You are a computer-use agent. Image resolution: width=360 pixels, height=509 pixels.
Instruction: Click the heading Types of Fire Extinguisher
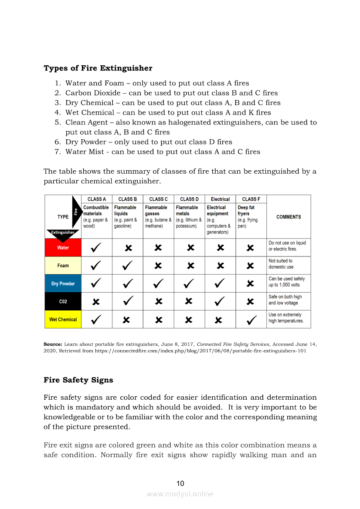[x=98, y=68]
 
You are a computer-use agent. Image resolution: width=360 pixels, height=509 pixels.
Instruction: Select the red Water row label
[x=63, y=248]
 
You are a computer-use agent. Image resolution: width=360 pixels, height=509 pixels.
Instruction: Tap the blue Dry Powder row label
[x=63, y=283]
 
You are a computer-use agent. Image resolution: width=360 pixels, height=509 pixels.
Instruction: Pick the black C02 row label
[x=63, y=301]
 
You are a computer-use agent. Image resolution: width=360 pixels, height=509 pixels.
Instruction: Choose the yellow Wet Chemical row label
[x=63, y=319]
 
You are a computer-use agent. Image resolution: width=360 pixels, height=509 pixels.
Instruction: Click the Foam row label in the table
[x=63, y=266]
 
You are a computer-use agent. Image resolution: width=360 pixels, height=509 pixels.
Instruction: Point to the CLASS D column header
[x=189, y=199]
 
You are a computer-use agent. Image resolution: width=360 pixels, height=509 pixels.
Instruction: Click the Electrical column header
[x=220, y=199]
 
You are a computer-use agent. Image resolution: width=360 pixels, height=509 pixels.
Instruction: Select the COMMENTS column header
[x=289, y=217]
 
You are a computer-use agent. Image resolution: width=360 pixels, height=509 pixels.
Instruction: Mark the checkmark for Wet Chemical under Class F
[x=251, y=320]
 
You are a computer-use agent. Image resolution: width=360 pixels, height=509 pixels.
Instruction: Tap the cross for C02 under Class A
[x=96, y=301]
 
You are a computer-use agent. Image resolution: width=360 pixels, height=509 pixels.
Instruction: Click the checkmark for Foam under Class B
[x=127, y=265]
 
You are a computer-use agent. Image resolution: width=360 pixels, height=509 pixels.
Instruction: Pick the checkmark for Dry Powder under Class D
[x=189, y=283]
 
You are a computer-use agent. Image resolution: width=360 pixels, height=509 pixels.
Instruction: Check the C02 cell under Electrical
[x=220, y=301]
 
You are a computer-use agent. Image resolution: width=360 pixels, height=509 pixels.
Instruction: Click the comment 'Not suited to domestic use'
[x=281, y=264]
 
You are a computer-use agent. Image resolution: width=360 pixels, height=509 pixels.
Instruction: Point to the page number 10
[x=180, y=483]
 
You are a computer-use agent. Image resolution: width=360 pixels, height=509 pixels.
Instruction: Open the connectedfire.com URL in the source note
[x=200, y=351]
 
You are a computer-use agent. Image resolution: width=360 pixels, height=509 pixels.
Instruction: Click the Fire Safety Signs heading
[x=78, y=380]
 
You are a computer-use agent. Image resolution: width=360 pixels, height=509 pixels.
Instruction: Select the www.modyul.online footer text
[x=180, y=494]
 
